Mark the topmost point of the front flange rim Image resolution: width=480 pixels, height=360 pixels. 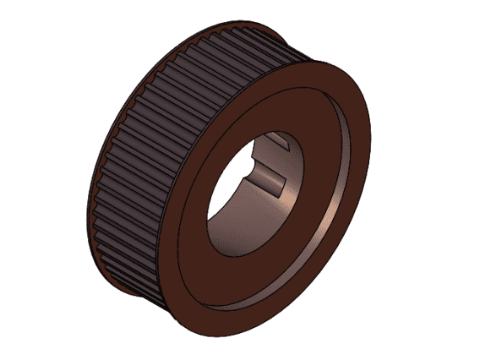point(325,61)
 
